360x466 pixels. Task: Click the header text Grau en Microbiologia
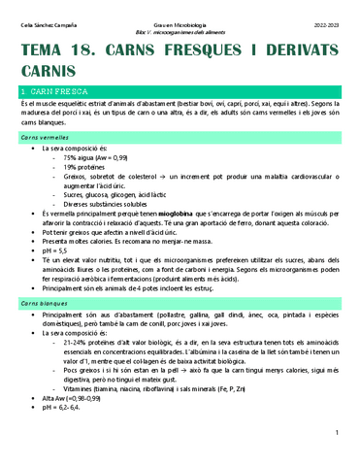[x=180, y=9]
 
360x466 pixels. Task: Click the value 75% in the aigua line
[x=71, y=157]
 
